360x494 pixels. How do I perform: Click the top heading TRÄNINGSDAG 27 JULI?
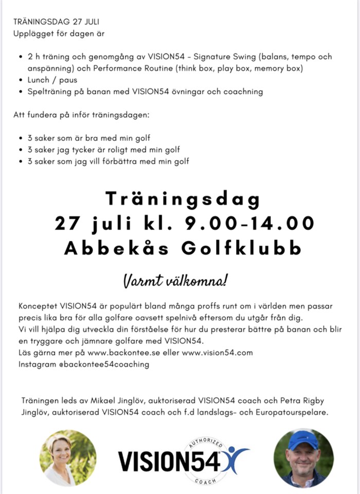tap(57, 22)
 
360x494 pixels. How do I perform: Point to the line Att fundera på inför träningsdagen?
tap(81, 115)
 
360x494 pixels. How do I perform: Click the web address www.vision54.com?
tap(218, 352)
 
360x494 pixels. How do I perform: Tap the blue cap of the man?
tap(303, 438)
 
